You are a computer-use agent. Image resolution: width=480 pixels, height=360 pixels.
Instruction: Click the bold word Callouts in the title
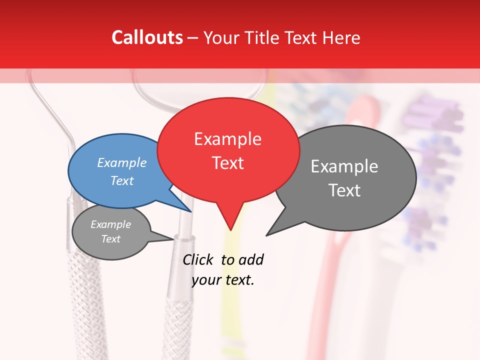147,37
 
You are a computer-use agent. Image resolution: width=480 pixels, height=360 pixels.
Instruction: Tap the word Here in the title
341,37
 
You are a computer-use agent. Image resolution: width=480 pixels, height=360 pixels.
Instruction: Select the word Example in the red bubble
227,139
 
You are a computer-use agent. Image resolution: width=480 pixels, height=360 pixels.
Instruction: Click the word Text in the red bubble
227,163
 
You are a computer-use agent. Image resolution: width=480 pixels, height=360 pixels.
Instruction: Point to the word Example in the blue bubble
122,162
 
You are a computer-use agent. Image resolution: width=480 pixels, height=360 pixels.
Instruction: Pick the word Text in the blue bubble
122,180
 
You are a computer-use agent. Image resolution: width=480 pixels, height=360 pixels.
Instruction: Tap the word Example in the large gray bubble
344,166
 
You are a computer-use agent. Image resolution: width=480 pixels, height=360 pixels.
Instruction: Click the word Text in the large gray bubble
344,190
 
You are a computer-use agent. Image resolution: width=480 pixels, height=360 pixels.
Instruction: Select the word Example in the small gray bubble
110,224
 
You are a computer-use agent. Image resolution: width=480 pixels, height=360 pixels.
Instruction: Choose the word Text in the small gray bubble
110,239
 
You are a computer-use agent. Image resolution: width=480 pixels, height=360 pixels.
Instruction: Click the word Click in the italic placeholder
198,259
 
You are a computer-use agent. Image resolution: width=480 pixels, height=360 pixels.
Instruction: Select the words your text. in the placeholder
223,280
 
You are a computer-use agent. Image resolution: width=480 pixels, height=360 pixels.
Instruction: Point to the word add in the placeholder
251,259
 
